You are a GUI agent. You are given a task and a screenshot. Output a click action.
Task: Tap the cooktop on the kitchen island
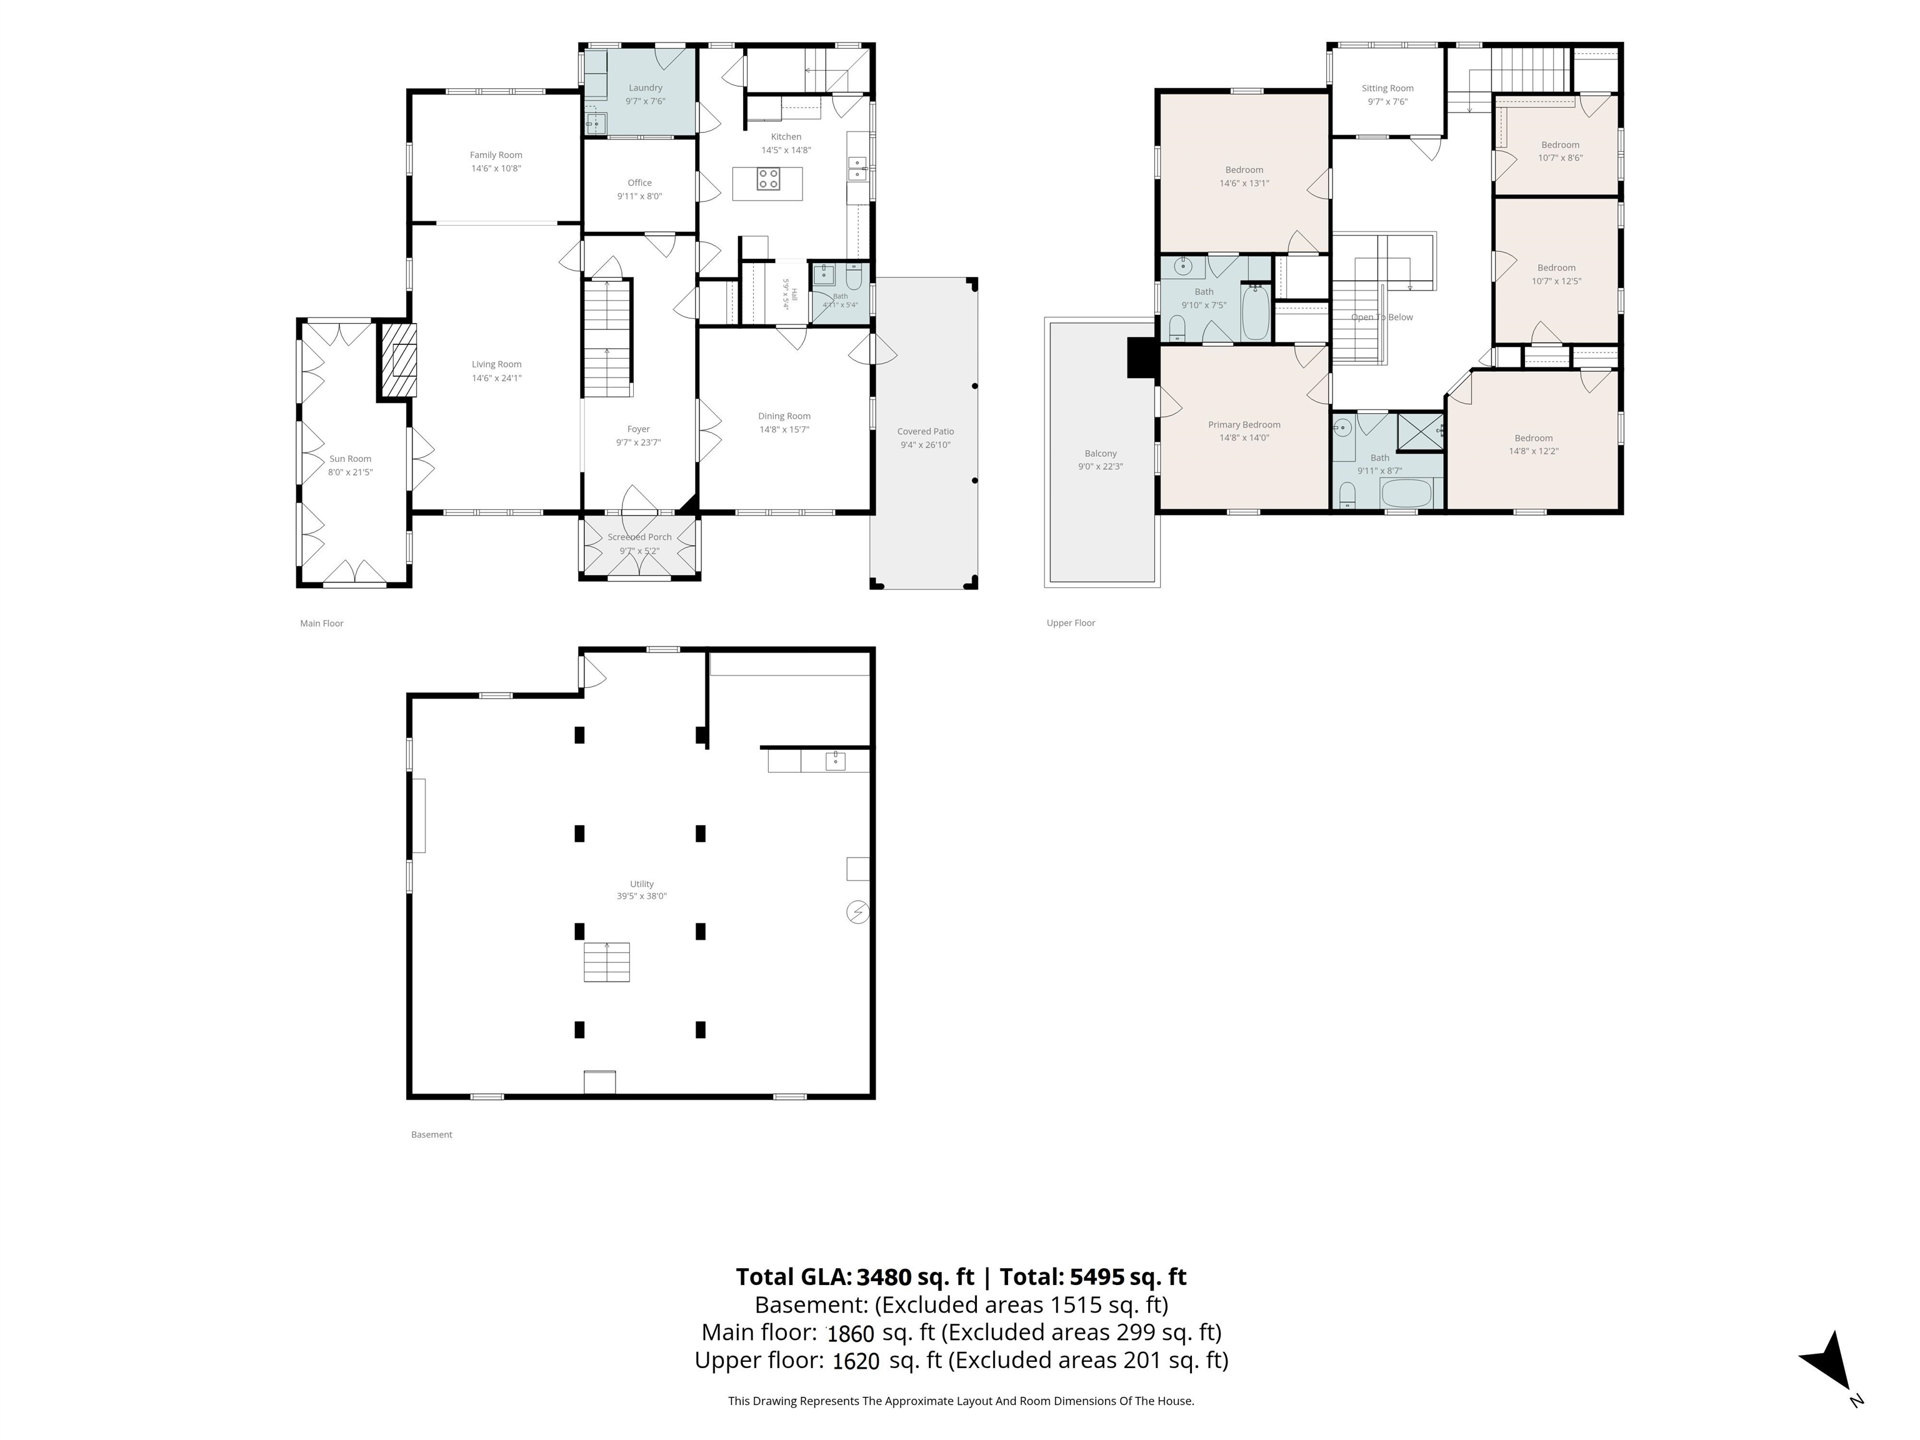768,179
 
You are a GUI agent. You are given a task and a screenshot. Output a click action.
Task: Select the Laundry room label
646,87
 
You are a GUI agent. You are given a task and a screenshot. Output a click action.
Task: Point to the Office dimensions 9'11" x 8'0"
640,196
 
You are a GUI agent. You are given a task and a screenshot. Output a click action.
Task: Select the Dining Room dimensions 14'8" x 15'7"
784,429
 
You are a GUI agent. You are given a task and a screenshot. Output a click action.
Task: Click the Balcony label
1101,454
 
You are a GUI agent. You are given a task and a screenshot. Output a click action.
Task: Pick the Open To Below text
1382,317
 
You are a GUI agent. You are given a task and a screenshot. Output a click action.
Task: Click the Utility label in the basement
642,884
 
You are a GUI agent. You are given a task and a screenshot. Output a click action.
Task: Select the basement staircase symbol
607,962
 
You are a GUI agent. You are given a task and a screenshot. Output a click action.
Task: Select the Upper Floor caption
1071,623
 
